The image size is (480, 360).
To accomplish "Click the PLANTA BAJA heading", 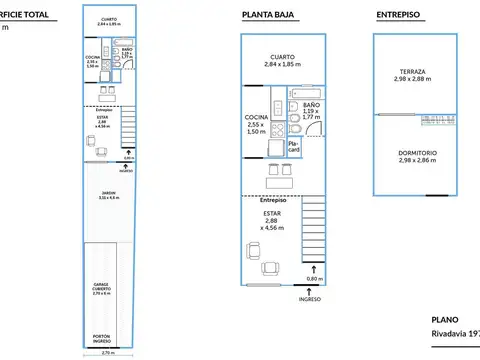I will pyautogui.click(x=268, y=14).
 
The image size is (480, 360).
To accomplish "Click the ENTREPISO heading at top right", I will pyautogui.click(x=398, y=14).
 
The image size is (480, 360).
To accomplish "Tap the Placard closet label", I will pyautogui.click(x=294, y=146).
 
